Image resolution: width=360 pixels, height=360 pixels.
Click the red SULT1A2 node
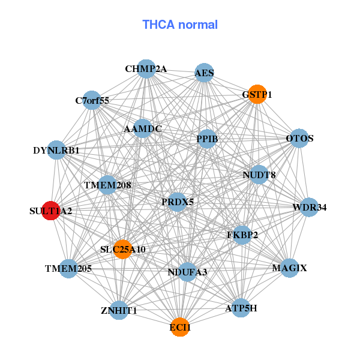click(x=51, y=211)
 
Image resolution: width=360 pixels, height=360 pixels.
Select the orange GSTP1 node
click(x=257, y=94)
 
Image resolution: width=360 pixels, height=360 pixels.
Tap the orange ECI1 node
click(x=180, y=327)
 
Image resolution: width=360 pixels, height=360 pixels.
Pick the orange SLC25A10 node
click(x=123, y=249)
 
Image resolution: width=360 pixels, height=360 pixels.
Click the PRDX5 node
click(x=178, y=202)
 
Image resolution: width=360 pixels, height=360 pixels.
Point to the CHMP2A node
click(x=146, y=69)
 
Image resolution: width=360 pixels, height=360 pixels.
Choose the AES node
click(x=204, y=73)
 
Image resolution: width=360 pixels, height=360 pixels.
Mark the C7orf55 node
click(x=92, y=100)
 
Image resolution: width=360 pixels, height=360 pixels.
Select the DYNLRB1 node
click(x=56, y=150)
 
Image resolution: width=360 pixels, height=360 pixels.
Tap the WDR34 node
click(x=310, y=208)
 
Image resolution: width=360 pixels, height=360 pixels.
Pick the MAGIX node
click(x=289, y=268)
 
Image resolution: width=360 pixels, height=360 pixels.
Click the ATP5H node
click(x=241, y=308)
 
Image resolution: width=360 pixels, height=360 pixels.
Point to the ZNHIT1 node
click(x=119, y=310)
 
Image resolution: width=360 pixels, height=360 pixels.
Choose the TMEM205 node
click(x=68, y=268)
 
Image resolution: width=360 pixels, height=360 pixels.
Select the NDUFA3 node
click(x=187, y=272)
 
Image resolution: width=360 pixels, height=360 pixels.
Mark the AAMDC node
click(x=143, y=128)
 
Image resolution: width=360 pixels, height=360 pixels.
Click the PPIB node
click(x=207, y=139)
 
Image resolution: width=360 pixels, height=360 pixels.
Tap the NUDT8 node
click(x=259, y=175)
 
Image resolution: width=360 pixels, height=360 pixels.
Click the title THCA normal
click(x=180, y=25)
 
